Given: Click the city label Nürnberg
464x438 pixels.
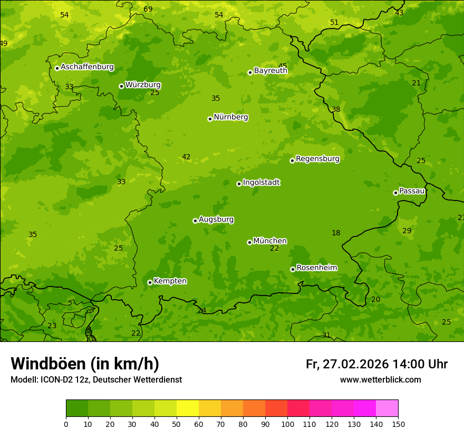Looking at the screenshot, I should point(230,117).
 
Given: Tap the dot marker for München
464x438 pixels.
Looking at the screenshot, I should point(249,242).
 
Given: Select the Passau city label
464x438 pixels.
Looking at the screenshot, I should point(412,191).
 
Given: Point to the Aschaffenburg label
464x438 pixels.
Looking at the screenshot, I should point(87,67).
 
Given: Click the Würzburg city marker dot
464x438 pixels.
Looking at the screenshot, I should point(121,86).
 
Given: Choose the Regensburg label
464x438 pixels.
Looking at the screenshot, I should point(317,159).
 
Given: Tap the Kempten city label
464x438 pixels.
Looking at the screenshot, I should point(170,281).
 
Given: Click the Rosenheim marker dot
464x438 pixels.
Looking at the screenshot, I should point(293,269).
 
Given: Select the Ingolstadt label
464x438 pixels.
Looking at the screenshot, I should point(261,183).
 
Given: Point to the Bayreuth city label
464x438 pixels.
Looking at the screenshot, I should point(270,71).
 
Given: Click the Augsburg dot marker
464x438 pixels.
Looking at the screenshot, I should point(195,221).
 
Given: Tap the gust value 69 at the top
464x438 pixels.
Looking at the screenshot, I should point(148,9).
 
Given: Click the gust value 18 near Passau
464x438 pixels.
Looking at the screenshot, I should point(336,233).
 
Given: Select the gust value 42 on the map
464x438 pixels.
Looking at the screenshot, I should point(186,157).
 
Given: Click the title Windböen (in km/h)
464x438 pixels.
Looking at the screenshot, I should point(85,364).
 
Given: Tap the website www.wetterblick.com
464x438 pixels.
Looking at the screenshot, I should point(380,380).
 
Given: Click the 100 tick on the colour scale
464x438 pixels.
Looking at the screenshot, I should point(287,424).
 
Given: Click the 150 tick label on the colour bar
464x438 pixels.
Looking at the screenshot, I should point(398,424).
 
